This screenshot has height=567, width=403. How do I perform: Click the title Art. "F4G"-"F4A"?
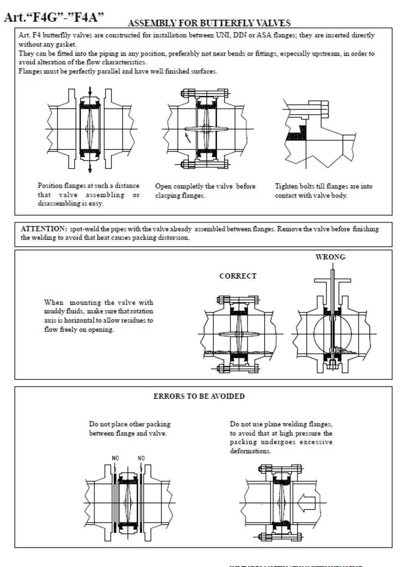pyautogui.click(x=54, y=17)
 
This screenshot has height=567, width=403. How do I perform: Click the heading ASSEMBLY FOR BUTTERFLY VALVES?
pyautogui.click(x=209, y=23)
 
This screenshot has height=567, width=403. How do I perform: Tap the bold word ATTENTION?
pyautogui.click(x=44, y=229)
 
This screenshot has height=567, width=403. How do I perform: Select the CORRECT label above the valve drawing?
pyautogui.click(x=238, y=276)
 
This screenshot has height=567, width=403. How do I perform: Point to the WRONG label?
pyautogui.click(x=330, y=257)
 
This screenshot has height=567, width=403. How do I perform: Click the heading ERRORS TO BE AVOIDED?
pyautogui.click(x=199, y=396)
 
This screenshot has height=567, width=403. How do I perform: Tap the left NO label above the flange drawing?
pyautogui.click(x=115, y=458)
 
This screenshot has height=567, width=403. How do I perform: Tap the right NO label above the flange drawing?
pyautogui.click(x=141, y=458)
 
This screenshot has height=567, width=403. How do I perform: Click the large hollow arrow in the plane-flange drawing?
pyautogui.click(x=307, y=503)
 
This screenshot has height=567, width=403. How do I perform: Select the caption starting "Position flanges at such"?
pyautogui.click(x=89, y=194)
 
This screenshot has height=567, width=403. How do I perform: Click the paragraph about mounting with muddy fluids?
pyautogui.click(x=98, y=316)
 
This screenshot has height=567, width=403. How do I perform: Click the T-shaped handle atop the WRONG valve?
pyautogui.click(x=332, y=281)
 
